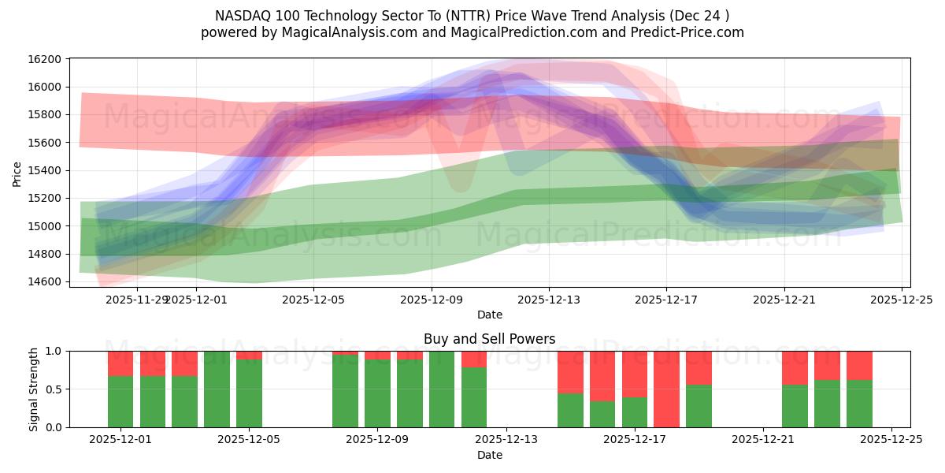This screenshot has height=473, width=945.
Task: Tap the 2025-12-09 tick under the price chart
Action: [432, 300]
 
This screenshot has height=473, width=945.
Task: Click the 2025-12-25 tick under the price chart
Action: [902, 300]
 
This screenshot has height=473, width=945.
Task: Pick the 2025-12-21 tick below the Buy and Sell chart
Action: [763, 440]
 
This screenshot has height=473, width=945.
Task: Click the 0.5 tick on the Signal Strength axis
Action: [56, 389]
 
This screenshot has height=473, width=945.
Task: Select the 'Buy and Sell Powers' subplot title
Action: [489, 339]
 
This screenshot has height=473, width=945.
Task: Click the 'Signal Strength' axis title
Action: [33, 389]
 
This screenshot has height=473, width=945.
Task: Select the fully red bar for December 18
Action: [666, 389]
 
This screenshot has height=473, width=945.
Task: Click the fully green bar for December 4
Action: [217, 389]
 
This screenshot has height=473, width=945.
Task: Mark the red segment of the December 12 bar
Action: [474, 359]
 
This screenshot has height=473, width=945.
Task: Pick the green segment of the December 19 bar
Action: [699, 406]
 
